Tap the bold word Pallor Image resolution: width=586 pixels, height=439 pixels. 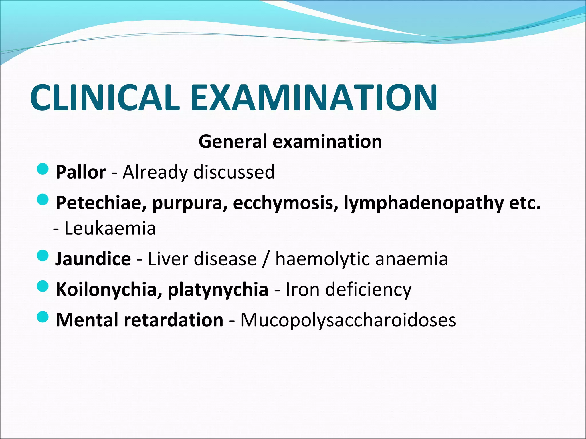click(81, 172)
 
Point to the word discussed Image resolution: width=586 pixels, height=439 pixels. click(234, 172)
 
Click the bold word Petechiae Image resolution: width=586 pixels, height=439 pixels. click(101, 203)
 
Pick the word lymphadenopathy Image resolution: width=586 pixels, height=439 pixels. click(423, 203)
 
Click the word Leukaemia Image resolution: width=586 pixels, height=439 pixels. click(110, 228)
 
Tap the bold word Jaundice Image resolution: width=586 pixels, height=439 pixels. click(93, 259)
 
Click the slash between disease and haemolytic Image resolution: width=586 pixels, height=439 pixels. click(266, 259)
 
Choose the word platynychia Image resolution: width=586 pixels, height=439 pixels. click(218, 289)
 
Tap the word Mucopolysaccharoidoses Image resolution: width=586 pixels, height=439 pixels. click(348, 320)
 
